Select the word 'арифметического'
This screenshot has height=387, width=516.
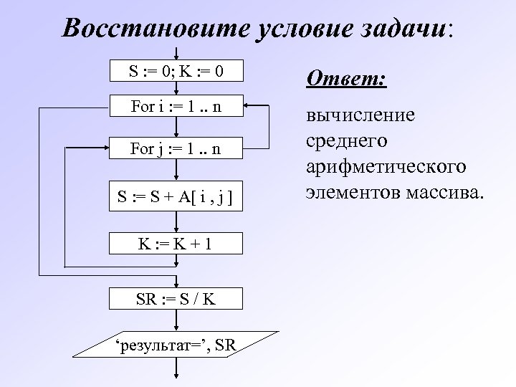click(386, 166)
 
